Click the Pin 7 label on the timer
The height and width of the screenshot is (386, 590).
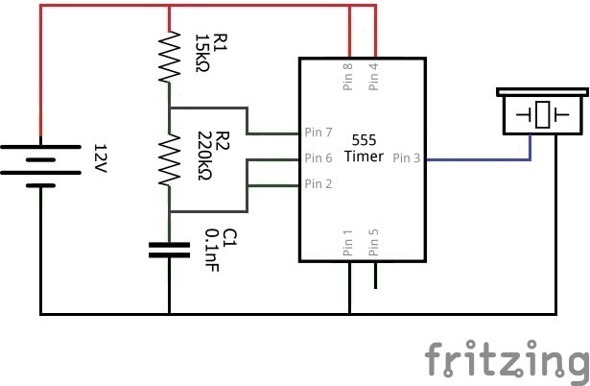pyautogui.click(x=319, y=132)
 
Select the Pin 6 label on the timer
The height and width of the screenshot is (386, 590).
pyautogui.click(x=319, y=158)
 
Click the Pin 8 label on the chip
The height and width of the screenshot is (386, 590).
pyautogui.click(x=348, y=78)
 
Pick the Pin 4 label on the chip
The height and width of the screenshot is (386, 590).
pyautogui.click(x=374, y=78)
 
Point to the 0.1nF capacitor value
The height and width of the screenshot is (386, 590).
pyautogui.click(x=212, y=252)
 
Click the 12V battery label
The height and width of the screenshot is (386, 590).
pyautogui.click(x=99, y=159)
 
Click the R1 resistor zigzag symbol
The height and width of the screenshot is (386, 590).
pyautogui.click(x=169, y=57)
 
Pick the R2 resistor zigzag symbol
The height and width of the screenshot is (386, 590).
pyautogui.click(x=169, y=159)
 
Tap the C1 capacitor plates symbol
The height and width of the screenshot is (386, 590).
pyautogui.click(x=169, y=251)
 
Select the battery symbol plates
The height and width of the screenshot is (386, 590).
pyautogui.click(x=40, y=159)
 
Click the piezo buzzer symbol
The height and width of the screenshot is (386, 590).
pyautogui.click(x=543, y=111)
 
